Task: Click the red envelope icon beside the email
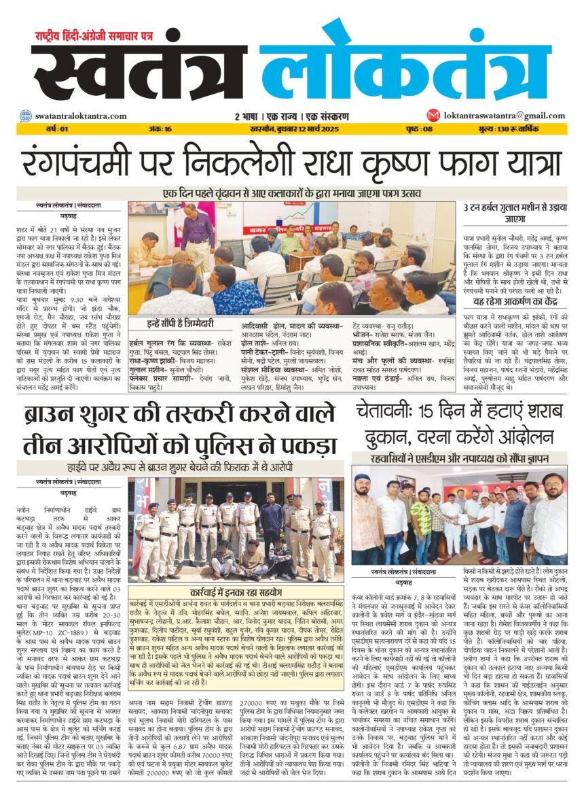tap(433, 116)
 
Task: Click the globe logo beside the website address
tap(25, 116)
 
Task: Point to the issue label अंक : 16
tap(160, 129)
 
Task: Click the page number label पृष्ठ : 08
tap(419, 129)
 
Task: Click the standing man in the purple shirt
tap(198, 235)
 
